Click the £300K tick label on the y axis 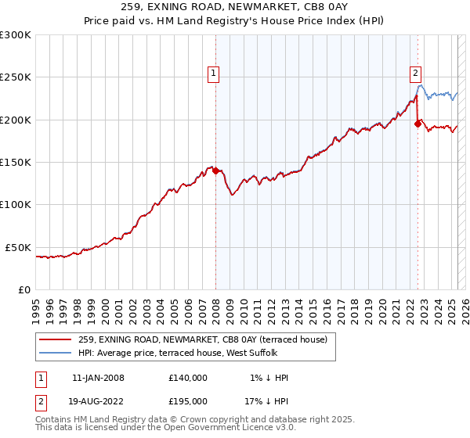[16, 35]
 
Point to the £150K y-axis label [16, 163]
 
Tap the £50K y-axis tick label [19, 247]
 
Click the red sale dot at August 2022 [418, 124]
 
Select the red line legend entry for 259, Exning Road [207, 339]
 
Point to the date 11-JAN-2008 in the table [98, 378]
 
